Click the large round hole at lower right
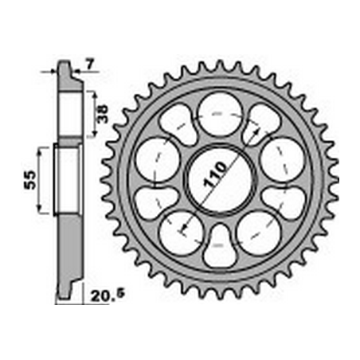[257, 231]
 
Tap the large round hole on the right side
[281, 159]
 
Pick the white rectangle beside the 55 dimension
[67, 178]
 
